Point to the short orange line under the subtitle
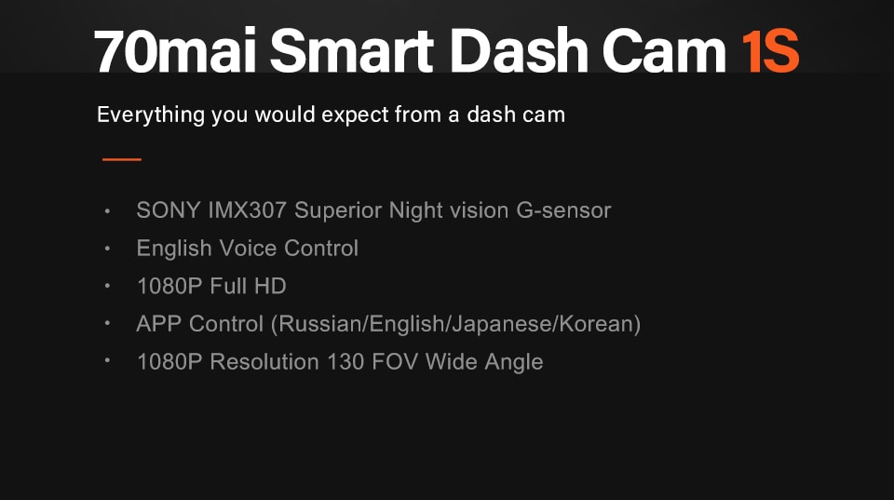122,159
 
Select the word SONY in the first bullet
162,210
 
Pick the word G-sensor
563,210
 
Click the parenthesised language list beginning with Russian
455,324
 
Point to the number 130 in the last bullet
345,361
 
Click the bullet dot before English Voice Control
109,249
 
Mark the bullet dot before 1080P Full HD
109,286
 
